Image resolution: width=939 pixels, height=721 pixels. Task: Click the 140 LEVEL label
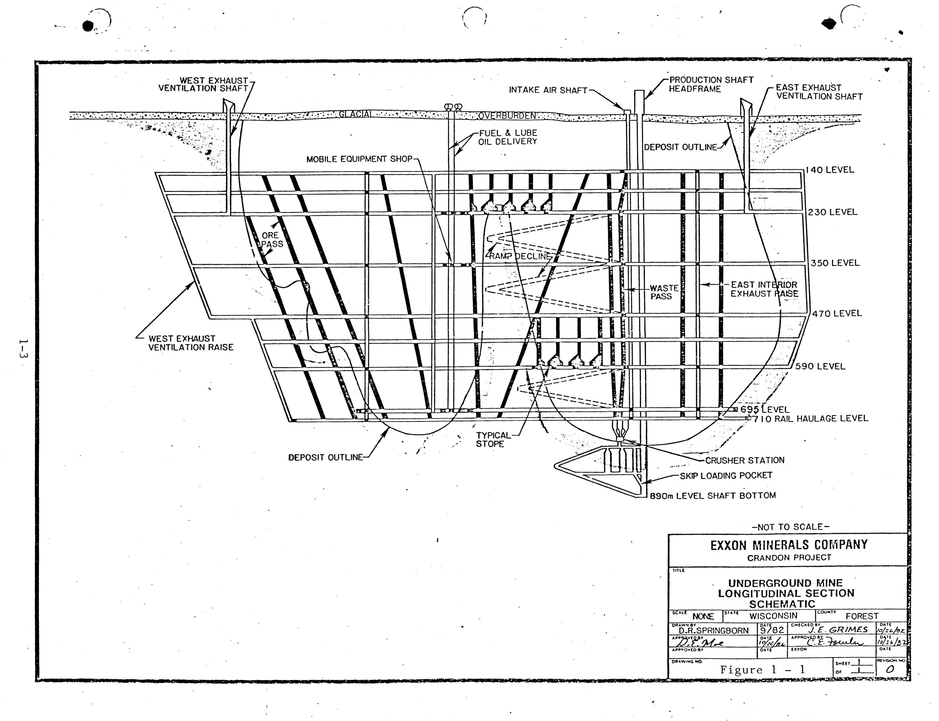point(830,170)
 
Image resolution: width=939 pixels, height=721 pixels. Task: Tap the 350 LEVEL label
point(835,263)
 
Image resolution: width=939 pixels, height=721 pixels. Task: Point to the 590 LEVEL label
point(820,367)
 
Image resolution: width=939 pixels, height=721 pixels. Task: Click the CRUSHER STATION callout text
point(745,460)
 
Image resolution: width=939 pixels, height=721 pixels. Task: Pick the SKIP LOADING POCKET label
point(726,476)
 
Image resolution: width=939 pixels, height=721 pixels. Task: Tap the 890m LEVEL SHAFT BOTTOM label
point(713,496)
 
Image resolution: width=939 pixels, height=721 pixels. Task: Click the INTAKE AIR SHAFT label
point(548,90)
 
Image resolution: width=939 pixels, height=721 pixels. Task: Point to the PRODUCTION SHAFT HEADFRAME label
point(711,85)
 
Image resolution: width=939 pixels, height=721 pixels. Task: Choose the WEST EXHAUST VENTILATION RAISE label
point(191,343)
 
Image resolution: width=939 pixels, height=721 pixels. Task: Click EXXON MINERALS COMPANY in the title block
point(789,545)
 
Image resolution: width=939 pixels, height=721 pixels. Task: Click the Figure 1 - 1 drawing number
point(762,670)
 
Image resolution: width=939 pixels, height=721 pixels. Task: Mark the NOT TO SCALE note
point(791,527)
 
